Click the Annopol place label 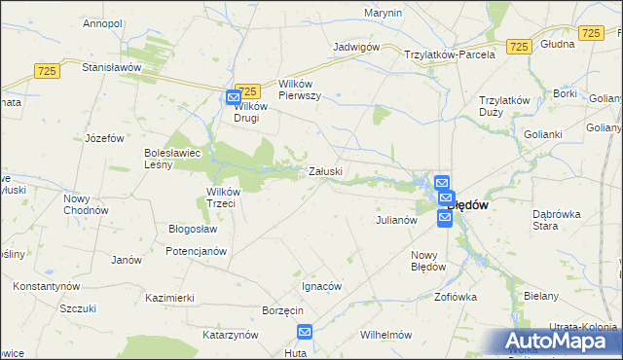click(x=102, y=22)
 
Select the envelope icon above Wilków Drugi click(x=234, y=98)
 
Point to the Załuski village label click(x=325, y=171)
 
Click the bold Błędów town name click(x=466, y=205)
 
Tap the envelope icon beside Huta click(x=304, y=333)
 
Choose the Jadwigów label click(x=355, y=47)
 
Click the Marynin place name click(x=384, y=13)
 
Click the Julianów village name click(x=397, y=220)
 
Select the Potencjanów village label click(x=197, y=251)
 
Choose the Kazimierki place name click(x=170, y=297)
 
